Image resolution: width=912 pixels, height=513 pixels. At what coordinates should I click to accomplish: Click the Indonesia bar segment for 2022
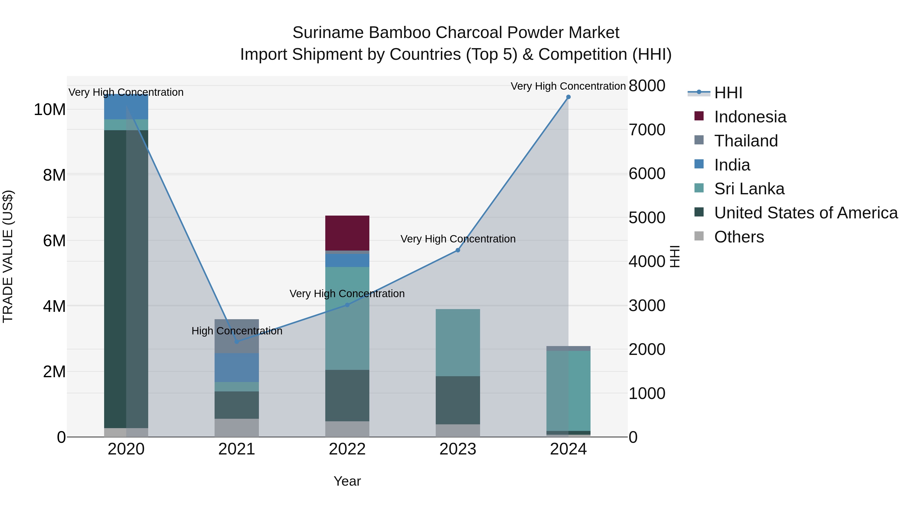347,233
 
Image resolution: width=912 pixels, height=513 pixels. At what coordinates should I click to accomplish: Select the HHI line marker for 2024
568,97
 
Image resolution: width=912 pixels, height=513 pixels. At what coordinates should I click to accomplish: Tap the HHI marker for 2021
237,342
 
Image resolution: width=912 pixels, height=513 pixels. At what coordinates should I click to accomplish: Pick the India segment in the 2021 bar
237,368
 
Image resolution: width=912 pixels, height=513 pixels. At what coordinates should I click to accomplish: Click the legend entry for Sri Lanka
749,189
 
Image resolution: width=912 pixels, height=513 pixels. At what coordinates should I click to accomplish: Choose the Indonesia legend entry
750,117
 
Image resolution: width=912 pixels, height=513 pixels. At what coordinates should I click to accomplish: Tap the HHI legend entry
728,93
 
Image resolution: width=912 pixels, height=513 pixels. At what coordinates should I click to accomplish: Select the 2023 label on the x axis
458,449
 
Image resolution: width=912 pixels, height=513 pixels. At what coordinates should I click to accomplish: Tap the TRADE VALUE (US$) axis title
8,256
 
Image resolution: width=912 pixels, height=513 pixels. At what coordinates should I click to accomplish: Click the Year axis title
347,481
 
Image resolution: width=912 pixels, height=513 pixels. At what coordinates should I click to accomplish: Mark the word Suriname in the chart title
328,33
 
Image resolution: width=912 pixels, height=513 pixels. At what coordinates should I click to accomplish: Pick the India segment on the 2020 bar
126,107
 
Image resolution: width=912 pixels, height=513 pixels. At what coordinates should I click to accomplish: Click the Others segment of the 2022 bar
347,429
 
